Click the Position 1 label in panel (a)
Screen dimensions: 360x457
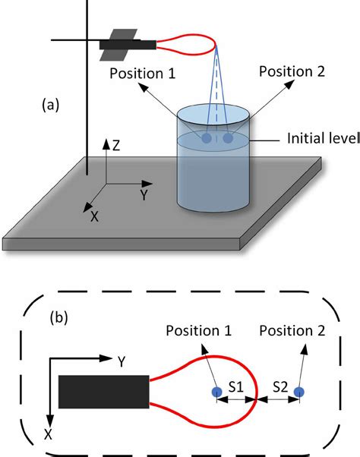143,74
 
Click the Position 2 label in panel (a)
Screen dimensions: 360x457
292,71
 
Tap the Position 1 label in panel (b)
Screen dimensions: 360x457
199,330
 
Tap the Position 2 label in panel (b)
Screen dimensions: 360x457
292,330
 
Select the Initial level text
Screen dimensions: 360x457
324,138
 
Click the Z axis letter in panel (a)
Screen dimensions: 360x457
116,146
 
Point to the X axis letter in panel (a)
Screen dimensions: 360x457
94,216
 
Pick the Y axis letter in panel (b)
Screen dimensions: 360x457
122,362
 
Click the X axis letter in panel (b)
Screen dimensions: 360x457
48,434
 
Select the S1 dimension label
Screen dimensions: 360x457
235,386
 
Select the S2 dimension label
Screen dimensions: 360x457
280,386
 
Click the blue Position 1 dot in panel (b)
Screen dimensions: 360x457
217,392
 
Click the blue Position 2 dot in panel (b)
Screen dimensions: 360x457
299,392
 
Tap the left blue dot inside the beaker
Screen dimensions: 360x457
207,138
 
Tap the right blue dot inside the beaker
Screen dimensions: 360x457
229,138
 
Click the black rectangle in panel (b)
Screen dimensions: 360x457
104,392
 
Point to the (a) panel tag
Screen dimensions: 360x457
50,105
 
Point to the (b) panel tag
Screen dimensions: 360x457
59,317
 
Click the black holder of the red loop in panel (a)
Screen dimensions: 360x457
128,45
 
